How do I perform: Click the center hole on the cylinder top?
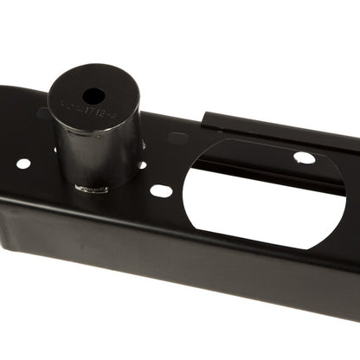pos(93,96)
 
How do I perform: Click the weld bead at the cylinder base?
pos(92,187)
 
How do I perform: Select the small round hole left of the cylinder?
pos(23,164)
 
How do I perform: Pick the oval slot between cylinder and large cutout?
pos(161,190)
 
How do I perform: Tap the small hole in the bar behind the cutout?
pos(304,157)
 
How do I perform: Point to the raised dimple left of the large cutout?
pos(178,138)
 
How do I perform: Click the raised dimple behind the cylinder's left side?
pos(42,112)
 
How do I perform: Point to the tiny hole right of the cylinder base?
pos(141,164)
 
